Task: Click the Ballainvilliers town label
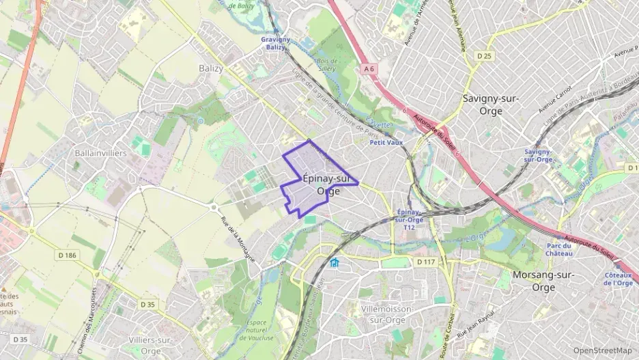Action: click(101, 153)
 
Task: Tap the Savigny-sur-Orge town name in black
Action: click(490, 104)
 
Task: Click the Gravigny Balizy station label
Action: click(275, 43)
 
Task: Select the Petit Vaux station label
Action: click(386, 143)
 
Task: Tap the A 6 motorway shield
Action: click(369, 68)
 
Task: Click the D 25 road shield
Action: click(485, 55)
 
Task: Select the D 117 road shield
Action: click(425, 262)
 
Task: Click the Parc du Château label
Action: click(559, 249)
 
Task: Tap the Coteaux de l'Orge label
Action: click(619, 279)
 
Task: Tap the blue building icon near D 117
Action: click(334, 263)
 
